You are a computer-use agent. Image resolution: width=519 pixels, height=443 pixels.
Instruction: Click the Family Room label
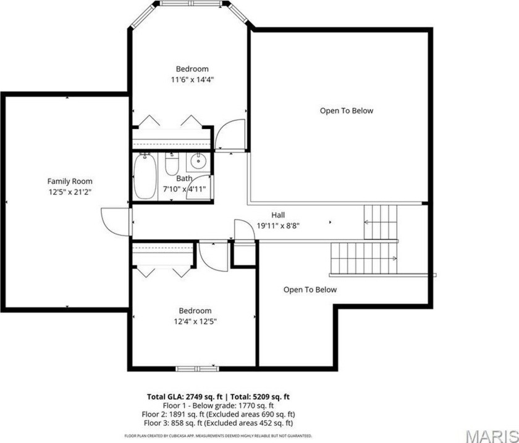69,181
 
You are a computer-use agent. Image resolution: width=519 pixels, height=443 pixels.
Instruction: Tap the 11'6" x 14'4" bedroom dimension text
192,80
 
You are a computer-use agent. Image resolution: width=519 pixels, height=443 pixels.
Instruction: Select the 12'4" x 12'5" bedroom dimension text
195,321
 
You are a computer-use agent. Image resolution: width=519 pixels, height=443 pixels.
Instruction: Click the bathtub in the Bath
145,176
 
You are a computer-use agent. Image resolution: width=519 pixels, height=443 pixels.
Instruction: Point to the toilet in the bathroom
172,164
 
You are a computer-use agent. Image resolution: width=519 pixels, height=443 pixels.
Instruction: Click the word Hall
278,215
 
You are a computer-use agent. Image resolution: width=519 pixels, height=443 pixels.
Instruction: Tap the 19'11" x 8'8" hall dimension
279,226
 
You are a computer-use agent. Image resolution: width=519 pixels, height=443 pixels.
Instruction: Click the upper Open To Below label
346,111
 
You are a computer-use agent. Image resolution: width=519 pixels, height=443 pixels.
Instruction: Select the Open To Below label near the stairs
310,289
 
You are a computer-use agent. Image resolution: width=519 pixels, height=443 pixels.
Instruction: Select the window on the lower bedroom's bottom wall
197,368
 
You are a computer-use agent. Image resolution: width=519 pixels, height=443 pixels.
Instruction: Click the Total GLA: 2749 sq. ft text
185,397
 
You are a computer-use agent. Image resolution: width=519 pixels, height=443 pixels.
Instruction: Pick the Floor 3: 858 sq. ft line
219,423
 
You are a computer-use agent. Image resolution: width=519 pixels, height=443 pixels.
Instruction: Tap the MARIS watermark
492,436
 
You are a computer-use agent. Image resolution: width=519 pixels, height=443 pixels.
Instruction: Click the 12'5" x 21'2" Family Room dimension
70,192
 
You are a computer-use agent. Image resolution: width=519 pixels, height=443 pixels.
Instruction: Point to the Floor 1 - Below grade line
219,405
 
